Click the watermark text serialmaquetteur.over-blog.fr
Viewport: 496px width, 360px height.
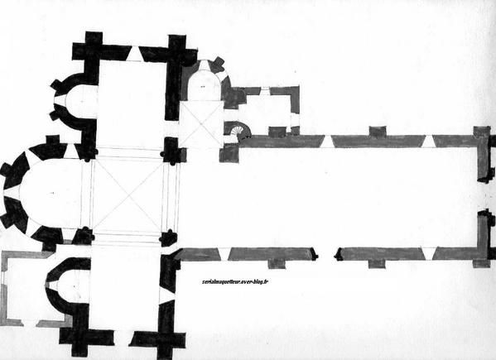(x=235, y=281)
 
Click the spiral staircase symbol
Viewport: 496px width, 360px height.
(x=238, y=131)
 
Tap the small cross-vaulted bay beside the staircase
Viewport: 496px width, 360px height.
(x=201, y=124)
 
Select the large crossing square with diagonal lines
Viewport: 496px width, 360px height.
(x=128, y=196)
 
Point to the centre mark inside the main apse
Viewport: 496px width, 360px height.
(x=52, y=193)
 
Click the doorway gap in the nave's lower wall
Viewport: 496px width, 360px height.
(x=326, y=254)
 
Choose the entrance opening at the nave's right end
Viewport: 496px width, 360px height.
(x=486, y=196)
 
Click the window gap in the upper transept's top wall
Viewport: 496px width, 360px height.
(x=135, y=54)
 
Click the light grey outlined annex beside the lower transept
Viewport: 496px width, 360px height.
(x=22, y=288)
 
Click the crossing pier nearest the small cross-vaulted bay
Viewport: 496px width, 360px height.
(x=171, y=151)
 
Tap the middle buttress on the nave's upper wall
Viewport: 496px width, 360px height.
(x=378, y=131)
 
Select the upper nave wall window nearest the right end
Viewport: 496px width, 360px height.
(x=428, y=142)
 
